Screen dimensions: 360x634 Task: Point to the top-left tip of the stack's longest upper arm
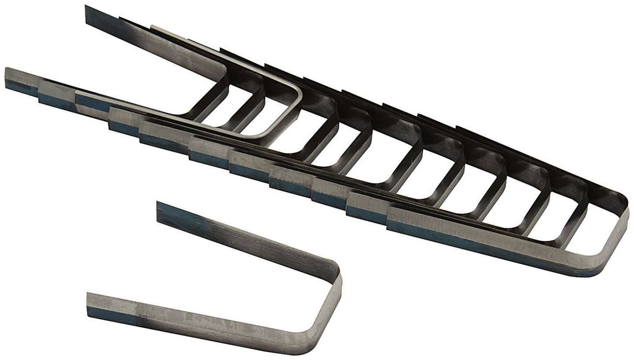tap(88, 12)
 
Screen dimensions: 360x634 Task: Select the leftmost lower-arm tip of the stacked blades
tap(9, 77)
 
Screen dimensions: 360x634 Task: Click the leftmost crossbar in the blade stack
tap(211, 102)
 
